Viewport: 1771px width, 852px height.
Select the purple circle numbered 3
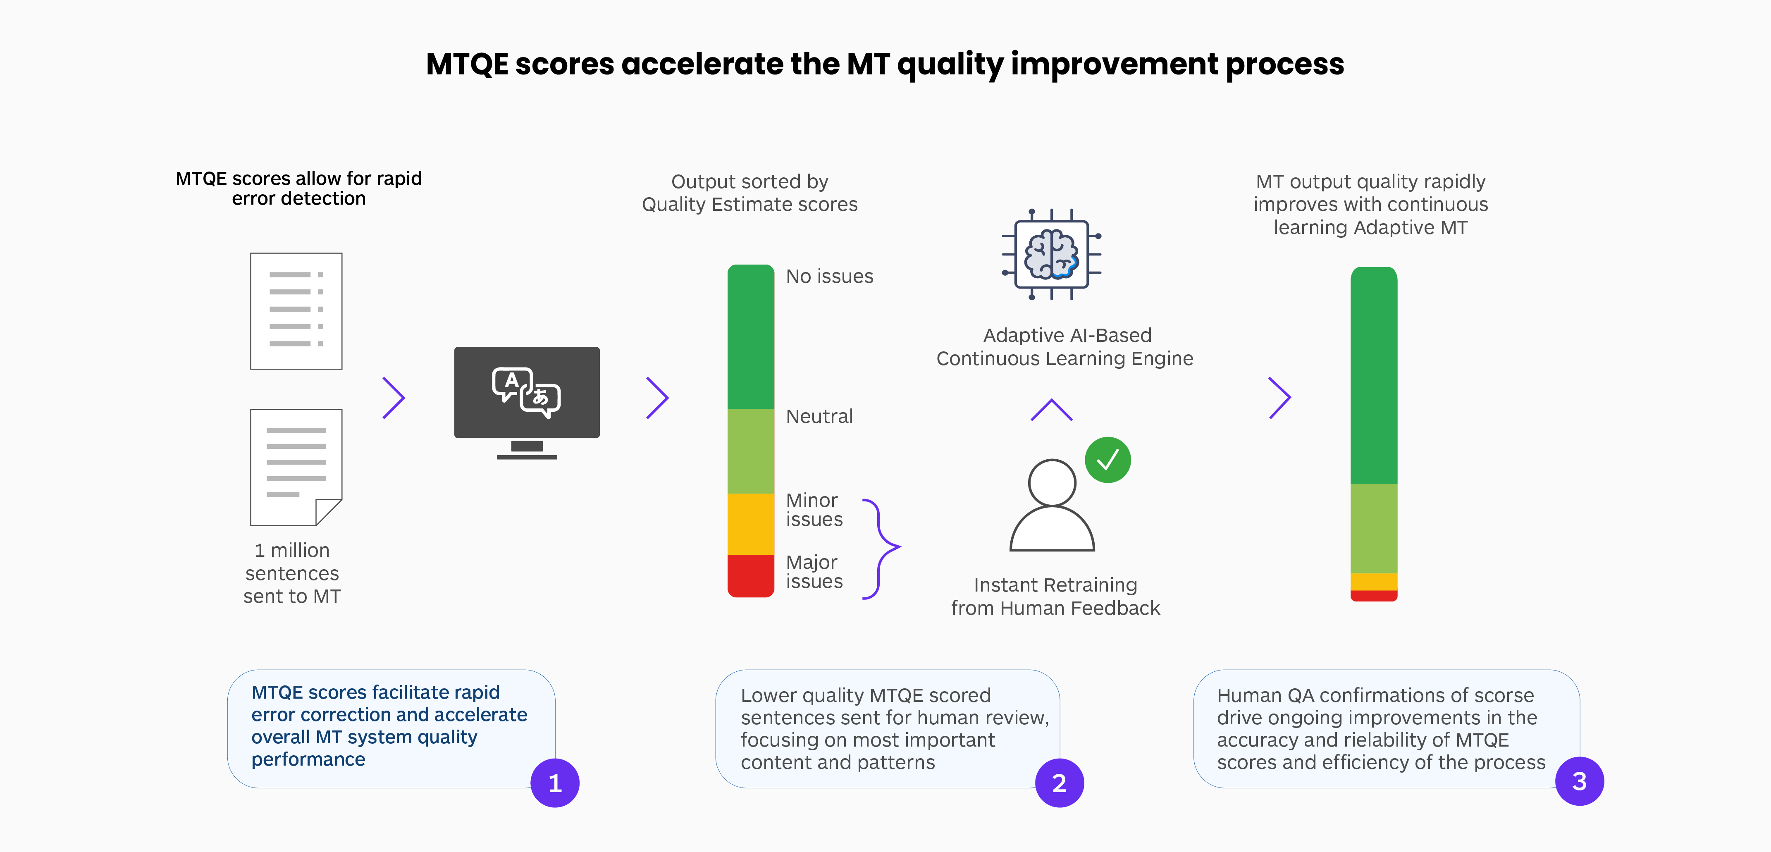pos(1579,781)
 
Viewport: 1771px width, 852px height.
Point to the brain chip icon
pos(1051,254)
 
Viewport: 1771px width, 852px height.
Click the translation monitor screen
pos(527,392)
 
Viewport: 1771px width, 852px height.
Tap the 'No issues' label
pos(829,277)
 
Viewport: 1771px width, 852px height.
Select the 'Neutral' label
pos(819,417)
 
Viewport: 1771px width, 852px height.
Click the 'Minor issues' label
pos(814,510)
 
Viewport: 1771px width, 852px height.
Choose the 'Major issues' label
pos(814,571)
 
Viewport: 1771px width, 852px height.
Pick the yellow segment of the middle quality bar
pos(751,524)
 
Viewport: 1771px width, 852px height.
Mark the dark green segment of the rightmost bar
pos(1374,375)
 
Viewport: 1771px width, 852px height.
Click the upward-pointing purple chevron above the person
pos(1051,410)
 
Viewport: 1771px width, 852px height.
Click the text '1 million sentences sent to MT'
pos(292,573)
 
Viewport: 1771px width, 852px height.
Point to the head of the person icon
pos(1051,482)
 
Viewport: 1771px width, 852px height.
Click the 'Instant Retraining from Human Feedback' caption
pos(1055,596)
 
